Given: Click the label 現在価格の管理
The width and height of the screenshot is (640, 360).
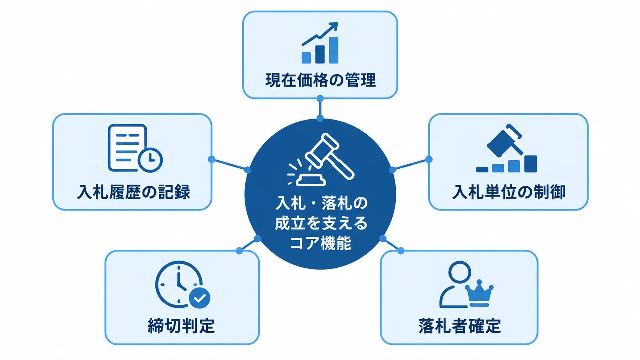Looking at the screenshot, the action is click(x=320, y=80).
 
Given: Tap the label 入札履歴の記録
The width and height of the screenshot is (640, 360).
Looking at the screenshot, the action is click(x=134, y=192).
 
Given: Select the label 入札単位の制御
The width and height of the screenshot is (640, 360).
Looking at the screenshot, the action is click(x=509, y=192).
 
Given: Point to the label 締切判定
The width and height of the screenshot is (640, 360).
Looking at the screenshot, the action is click(x=181, y=326).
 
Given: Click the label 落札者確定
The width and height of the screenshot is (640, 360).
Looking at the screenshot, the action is click(x=460, y=326).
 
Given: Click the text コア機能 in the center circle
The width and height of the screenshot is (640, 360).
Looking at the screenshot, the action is click(x=320, y=244).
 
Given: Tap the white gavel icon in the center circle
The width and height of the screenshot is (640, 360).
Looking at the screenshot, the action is click(x=321, y=160).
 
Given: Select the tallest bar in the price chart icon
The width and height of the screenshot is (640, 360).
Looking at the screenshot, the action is click(x=333, y=50).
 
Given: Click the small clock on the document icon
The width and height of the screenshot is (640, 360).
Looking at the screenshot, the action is click(x=150, y=160).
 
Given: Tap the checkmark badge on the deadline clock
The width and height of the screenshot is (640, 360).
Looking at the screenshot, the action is click(x=200, y=298).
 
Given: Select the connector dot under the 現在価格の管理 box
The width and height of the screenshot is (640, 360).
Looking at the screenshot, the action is click(x=320, y=99).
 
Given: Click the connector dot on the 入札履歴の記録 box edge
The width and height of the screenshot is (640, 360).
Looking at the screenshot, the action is click(x=211, y=159).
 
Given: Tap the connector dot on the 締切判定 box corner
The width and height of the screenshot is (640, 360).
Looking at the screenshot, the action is click(x=240, y=251).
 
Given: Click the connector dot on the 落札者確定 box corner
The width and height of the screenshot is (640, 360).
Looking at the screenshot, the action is click(x=401, y=251).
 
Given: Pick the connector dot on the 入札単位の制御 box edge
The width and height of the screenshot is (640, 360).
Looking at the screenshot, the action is click(x=429, y=159).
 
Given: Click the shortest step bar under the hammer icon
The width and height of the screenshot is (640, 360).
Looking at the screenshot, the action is click(x=482, y=169).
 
